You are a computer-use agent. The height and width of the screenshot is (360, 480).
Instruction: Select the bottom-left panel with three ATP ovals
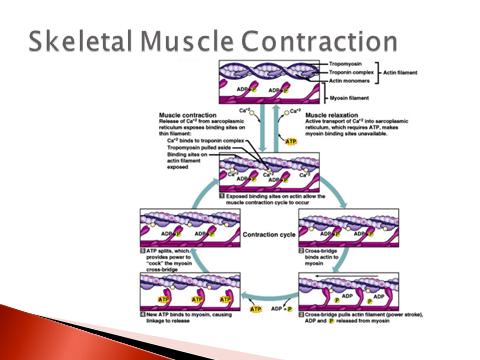pos(181,291)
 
